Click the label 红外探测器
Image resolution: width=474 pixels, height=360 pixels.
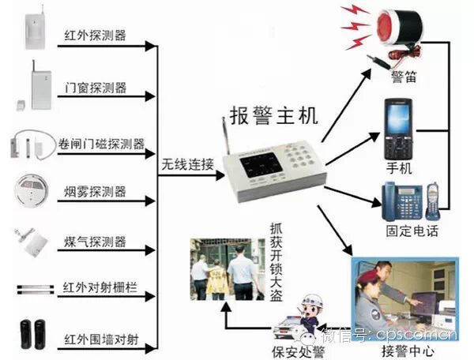click(96, 36)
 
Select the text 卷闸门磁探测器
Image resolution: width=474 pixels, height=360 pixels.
click(102, 144)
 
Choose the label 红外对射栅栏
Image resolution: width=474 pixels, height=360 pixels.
click(100, 287)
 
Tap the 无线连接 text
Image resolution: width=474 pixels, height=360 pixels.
click(187, 165)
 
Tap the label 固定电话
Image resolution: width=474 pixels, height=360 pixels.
click(412, 231)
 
